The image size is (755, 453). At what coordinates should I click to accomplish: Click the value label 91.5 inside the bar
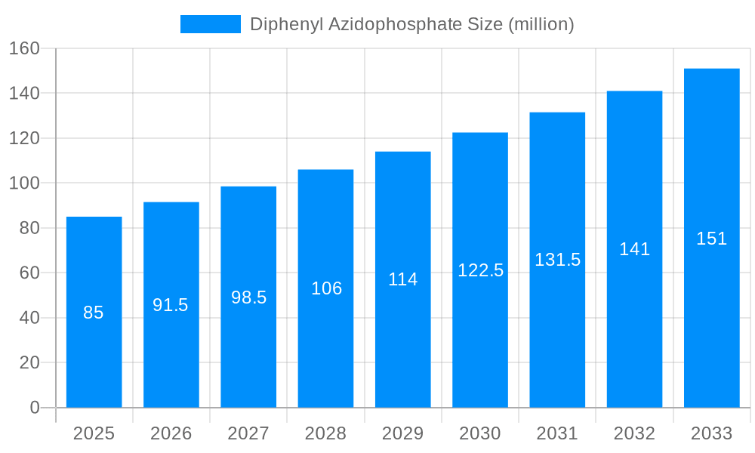[171, 305]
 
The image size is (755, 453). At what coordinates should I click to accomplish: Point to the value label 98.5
[248, 297]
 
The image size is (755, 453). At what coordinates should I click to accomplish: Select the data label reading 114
[403, 279]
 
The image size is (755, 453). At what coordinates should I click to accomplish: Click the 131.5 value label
[557, 260]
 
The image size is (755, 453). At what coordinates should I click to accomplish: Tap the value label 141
[634, 249]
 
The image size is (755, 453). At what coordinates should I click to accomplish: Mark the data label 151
[711, 239]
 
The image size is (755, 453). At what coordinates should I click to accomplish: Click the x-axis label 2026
[171, 433]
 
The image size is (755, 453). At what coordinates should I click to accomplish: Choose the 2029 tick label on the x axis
[403, 433]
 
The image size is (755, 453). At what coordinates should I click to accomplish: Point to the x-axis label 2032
[634, 433]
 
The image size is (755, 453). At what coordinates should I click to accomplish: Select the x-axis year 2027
[248, 433]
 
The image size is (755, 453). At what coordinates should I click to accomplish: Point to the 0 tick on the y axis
[35, 408]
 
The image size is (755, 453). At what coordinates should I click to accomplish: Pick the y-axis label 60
[29, 273]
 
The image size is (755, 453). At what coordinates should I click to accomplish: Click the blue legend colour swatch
[211, 24]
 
